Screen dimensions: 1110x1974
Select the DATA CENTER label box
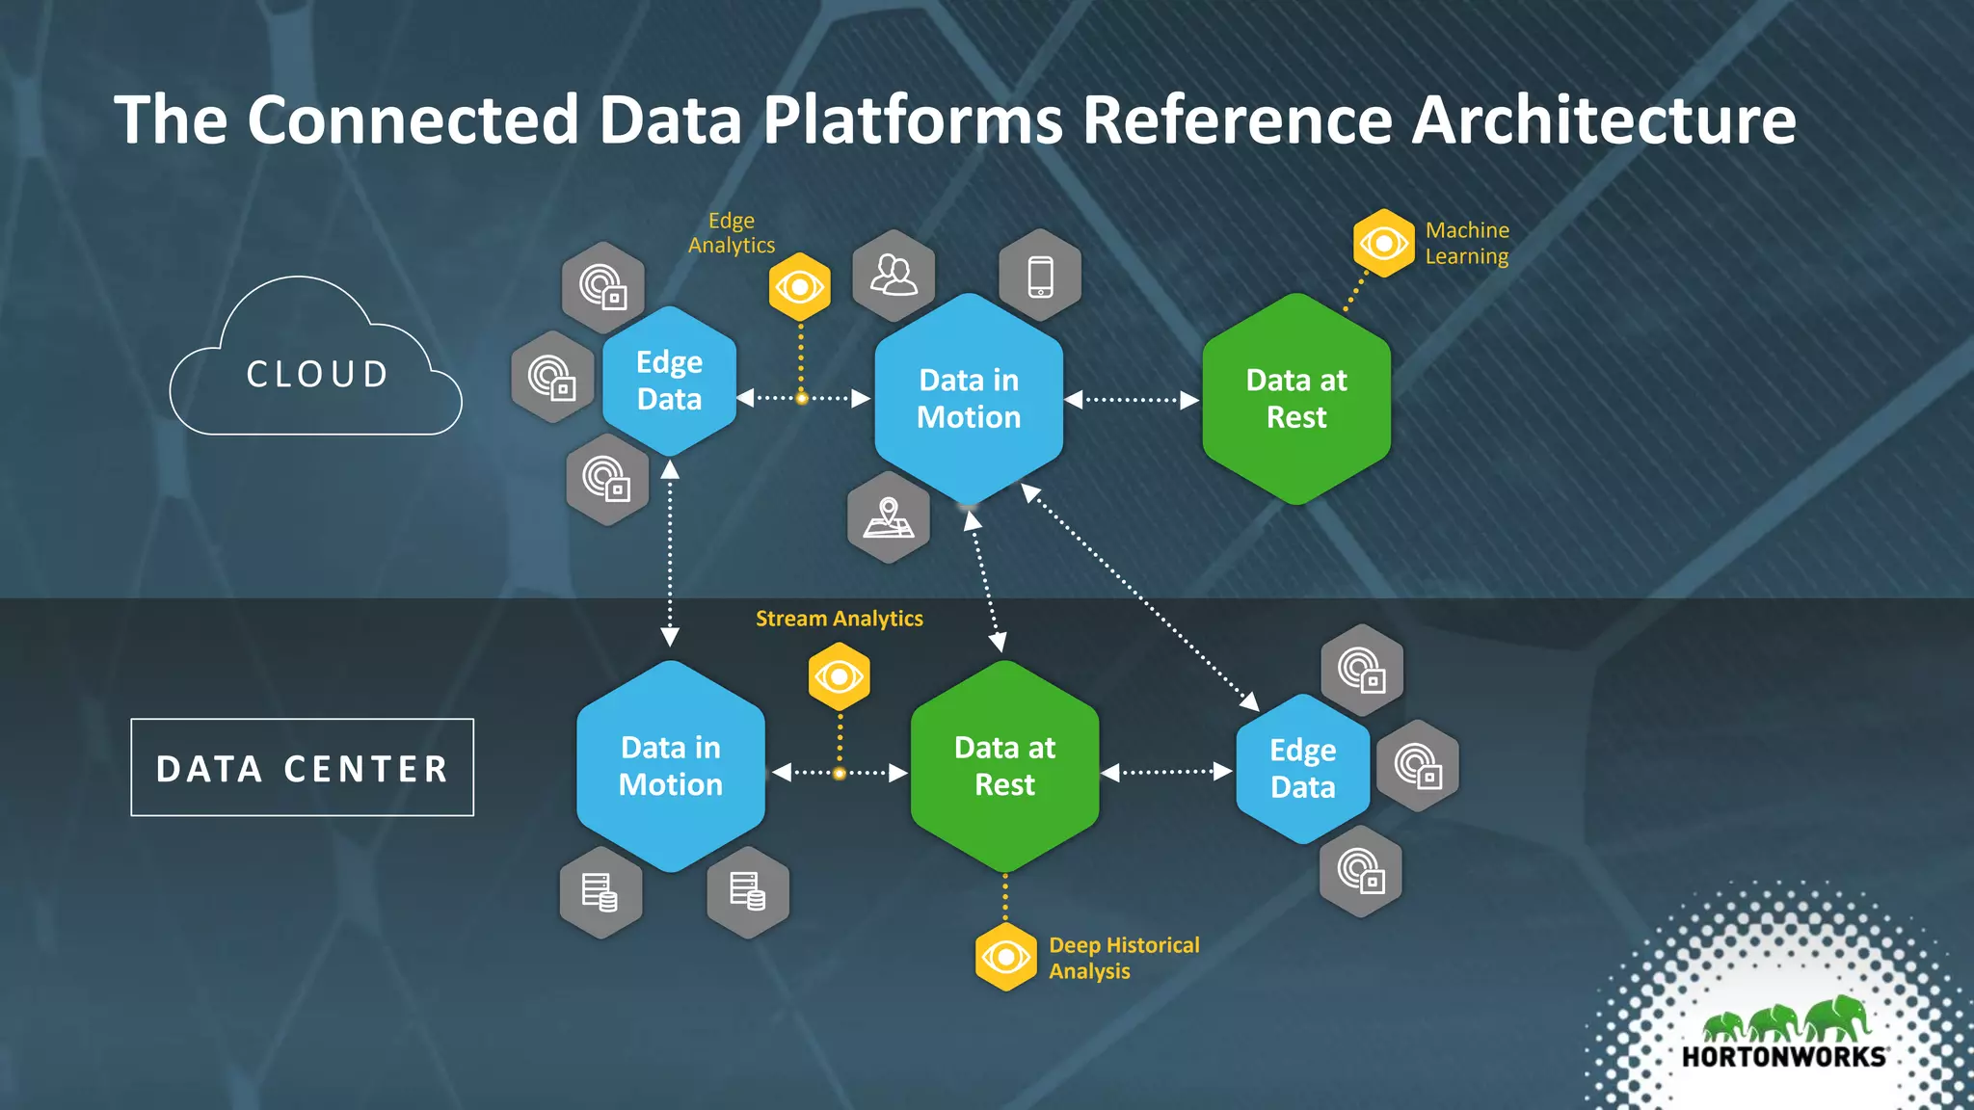click(302, 768)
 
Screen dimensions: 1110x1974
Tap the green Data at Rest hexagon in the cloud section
click(1296, 399)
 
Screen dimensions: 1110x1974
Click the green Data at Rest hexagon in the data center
click(1004, 766)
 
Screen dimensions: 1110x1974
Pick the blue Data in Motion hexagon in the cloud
click(969, 399)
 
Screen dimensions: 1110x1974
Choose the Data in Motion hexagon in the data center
click(671, 766)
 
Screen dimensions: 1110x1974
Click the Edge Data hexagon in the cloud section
click(669, 382)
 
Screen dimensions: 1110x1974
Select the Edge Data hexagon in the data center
click(1302, 769)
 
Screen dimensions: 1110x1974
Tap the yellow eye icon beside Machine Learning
click(1383, 244)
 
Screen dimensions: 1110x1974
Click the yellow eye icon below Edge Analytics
click(799, 287)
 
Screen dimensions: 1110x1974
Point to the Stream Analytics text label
click(839, 619)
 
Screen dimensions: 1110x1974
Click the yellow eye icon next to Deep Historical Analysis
click(1005, 958)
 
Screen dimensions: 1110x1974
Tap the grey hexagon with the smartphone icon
click(1040, 277)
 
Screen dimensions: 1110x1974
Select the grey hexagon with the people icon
click(894, 277)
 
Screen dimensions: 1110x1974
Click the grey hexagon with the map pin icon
click(888, 518)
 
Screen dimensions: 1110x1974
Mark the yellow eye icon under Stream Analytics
click(839, 677)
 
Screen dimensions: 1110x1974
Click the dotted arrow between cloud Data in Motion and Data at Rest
click(1132, 400)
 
